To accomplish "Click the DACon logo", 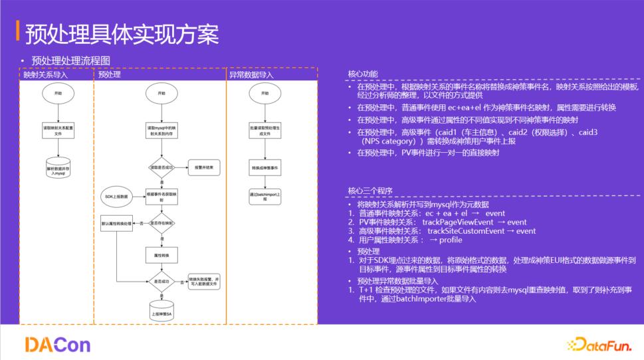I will click(x=57, y=343).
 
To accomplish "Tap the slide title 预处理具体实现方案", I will click(x=122, y=33).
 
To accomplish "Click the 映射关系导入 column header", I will click(x=46, y=75).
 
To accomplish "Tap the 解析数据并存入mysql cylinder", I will click(x=57, y=169).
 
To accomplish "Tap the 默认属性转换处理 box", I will click(x=117, y=224).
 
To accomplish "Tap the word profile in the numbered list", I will click(x=451, y=240).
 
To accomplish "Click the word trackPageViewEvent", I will click(x=457, y=222).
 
